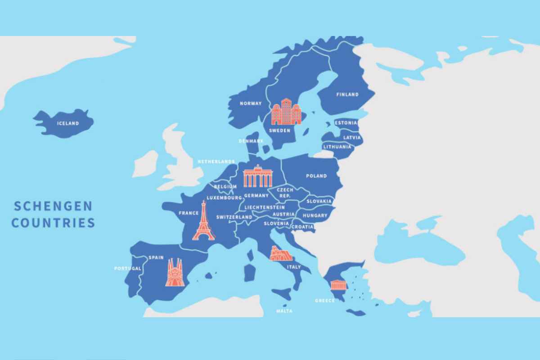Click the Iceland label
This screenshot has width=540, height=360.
[x=68, y=123]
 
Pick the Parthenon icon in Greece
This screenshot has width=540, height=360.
[x=338, y=284]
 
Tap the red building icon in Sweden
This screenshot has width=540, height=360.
[x=285, y=112]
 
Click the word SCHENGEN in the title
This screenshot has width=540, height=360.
[x=53, y=207]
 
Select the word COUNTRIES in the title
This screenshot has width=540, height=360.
[x=53, y=223]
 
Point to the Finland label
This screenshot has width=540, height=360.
[x=347, y=94]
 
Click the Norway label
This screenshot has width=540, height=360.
[x=250, y=103]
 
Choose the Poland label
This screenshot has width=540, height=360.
[x=316, y=176]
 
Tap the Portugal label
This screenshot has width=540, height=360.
[x=128, y=268]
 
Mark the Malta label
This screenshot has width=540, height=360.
[x=285, y=311]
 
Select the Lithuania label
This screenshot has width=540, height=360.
[x=337, y=147]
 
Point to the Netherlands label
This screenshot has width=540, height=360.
[x=216, y=162]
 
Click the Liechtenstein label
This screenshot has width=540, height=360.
[x=268, y=207]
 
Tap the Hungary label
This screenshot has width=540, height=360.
[x=315, y=216]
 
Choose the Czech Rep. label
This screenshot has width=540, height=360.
[x=285, y=193]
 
